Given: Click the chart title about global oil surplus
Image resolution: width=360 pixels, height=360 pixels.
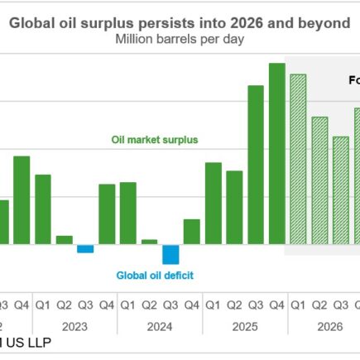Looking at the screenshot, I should (180, 25).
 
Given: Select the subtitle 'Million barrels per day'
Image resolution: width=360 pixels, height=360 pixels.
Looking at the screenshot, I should (180, 40).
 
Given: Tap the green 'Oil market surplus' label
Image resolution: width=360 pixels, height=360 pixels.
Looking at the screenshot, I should (155, 140).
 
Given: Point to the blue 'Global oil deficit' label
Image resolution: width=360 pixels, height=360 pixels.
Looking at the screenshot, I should (155, 276).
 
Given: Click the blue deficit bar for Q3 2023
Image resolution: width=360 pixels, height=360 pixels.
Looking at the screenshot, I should (85, 249).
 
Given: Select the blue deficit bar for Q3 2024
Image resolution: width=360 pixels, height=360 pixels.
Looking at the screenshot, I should (170, 254).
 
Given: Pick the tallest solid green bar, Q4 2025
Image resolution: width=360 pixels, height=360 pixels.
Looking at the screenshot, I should (277, 154).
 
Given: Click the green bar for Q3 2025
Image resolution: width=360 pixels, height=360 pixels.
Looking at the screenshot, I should (256, 165).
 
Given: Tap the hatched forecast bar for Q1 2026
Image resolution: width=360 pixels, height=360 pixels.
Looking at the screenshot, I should (298, 161).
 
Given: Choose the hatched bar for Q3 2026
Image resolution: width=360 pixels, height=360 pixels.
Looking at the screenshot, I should (340, 190).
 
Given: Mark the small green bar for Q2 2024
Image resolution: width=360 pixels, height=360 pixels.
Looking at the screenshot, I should (149, 242).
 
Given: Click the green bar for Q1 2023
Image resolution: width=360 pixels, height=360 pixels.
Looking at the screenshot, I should (42, 209).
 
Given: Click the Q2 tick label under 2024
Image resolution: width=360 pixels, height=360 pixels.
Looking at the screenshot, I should (149, 305).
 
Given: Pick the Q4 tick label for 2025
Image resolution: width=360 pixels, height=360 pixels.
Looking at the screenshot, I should (277, 305).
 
